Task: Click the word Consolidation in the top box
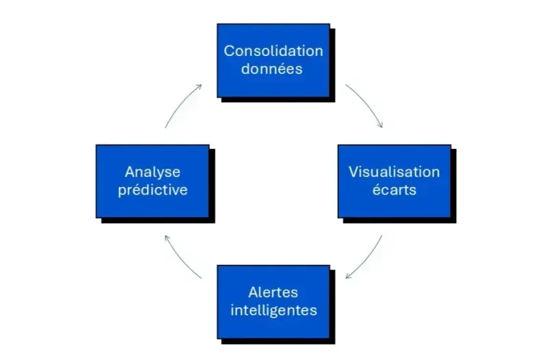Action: click(x=273, y=51)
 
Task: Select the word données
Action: click(x=272, y=69)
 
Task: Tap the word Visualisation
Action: click(x=394, y=171)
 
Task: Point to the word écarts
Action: click(x=394, y=190)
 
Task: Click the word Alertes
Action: click(x=273, y=292)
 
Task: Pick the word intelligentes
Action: click(x=273, y=310)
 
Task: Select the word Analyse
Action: click(x=152, y=171)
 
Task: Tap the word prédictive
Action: click(x=152, y=190)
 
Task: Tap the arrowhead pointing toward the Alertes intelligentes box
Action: click(x=348, y=277)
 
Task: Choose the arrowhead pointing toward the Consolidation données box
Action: click(x=199, y=86)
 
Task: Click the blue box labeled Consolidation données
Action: click(x=273, y=60)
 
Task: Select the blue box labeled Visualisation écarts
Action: click(x=394, y=181)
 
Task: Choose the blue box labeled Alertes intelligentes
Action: click(x=273, y=301)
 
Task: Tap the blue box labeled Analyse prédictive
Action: click(x=152, y=181)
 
